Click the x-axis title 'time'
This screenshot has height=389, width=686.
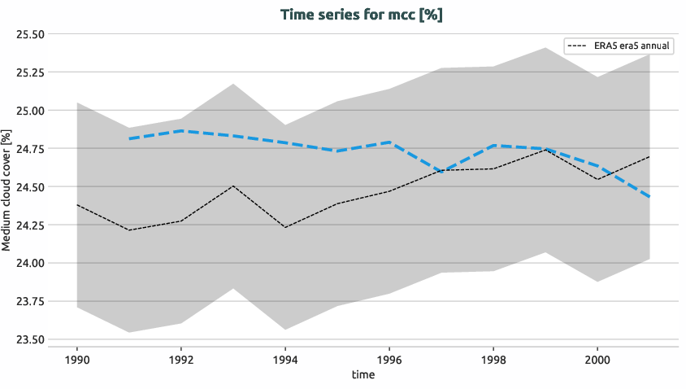(363, 374)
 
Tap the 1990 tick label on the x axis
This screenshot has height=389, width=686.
(77, 358)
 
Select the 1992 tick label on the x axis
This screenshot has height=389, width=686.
(181, 358)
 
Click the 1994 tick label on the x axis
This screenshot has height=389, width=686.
(285, 358)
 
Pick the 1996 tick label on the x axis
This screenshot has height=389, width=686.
(389, 358)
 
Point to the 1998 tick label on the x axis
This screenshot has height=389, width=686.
(493, 358)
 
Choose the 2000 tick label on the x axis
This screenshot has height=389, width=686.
(597, 358)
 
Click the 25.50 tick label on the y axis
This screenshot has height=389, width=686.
(31, 34)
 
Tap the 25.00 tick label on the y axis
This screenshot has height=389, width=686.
(31, 110)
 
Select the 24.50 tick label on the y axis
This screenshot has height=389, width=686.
(31, 186)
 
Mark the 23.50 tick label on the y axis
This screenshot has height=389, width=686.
(31, 339)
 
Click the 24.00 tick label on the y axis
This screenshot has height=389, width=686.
(31, 263)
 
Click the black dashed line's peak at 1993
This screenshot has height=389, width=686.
(233, 186)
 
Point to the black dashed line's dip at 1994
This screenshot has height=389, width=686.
(285, 227)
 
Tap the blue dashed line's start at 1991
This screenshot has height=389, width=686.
(129, 139)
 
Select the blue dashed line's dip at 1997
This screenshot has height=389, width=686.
(441, 171)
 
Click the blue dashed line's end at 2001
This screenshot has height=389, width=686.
(649, 197)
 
